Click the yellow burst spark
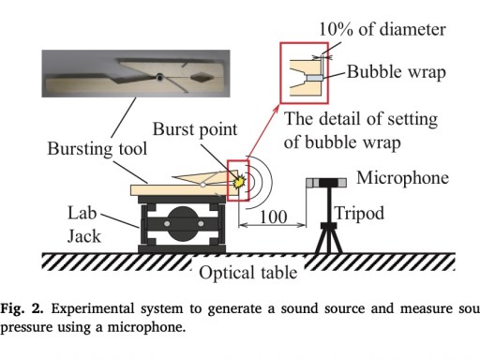coord(239,181)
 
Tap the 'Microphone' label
coord(402,178)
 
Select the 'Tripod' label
coord(359,214)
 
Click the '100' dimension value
coord(273,217)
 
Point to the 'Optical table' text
coord(248,273)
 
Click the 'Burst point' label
coord(195,129)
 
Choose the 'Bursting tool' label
coord(97,149)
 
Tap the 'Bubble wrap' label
coord(397,72)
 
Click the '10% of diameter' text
coord(382,30)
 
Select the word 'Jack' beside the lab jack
coord(84,236)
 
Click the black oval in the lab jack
coord(184,224)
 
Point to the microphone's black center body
coord(328,182)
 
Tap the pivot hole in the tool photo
coord(159,77)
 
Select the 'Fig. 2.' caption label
coord(22,308)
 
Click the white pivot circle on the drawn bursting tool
coord(202,185)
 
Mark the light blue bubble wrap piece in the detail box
coord(313,78)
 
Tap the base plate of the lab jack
coord(182,249)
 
